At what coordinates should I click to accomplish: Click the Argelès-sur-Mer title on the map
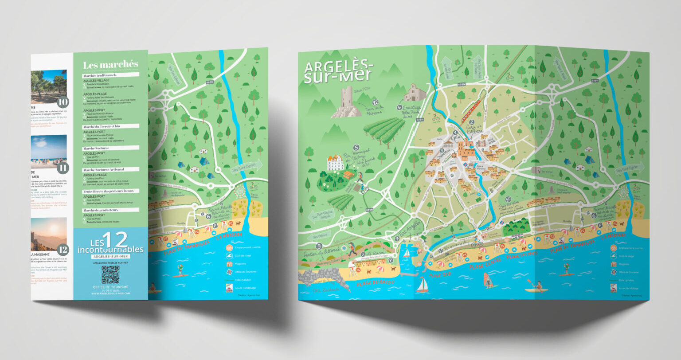pyautogui.click(x=339, y=72)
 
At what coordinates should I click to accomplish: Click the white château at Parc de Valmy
pyautogui.click(x=336, y=162)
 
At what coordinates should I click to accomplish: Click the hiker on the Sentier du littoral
pyautogui.click(x=352, y=249)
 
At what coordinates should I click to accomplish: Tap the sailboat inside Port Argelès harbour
pyautogui.click(x=406, y=253)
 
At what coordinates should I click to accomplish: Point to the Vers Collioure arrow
pyautogui.click(x=318, y=236)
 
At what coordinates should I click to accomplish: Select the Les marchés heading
pyautogui.click(x=110, y=65)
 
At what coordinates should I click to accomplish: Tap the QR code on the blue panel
pyautogui.click(x=110, y=274)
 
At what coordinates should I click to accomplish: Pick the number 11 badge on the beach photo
pyautogui.click(x=63, y=168)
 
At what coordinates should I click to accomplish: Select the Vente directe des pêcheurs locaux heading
pyautogui.click(x=111, y=191)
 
